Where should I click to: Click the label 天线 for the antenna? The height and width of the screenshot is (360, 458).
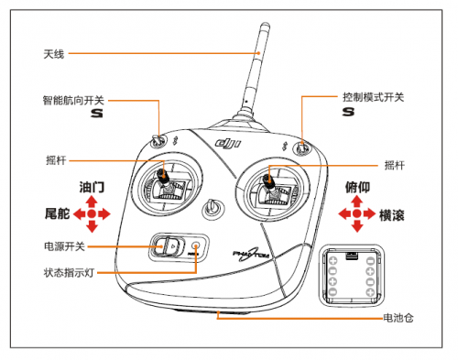coord(54,54)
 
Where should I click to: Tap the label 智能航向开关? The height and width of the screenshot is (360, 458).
coord(73,100)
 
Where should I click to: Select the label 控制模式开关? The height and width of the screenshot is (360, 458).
coord(373,97)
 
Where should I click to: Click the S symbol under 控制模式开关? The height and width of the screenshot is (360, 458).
coord(348,112)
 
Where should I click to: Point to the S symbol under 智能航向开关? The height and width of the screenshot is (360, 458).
coord(97,114)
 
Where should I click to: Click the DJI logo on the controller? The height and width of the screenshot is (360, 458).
coord(228,143)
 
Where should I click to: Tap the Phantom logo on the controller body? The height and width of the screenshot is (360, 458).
coord(251,254)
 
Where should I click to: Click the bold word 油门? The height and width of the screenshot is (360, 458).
coord(92,187)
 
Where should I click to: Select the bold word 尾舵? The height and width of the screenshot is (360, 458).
coord(58,213)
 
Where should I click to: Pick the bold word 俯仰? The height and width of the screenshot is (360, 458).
coord(357,187)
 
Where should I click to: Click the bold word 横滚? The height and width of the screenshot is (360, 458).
coord(392,215)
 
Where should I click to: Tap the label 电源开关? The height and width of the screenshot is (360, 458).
coord(64,246)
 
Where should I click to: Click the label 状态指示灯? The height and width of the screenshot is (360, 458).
coord(69,272)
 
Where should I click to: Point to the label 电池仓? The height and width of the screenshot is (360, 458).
coord(398,318)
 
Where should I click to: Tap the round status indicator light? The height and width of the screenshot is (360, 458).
coord(196,245)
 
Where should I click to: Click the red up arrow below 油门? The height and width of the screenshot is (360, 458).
coord(92,202)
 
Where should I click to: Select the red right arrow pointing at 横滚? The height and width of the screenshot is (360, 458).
coord(370,213)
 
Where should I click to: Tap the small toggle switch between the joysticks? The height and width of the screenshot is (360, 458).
coord(212,208)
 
